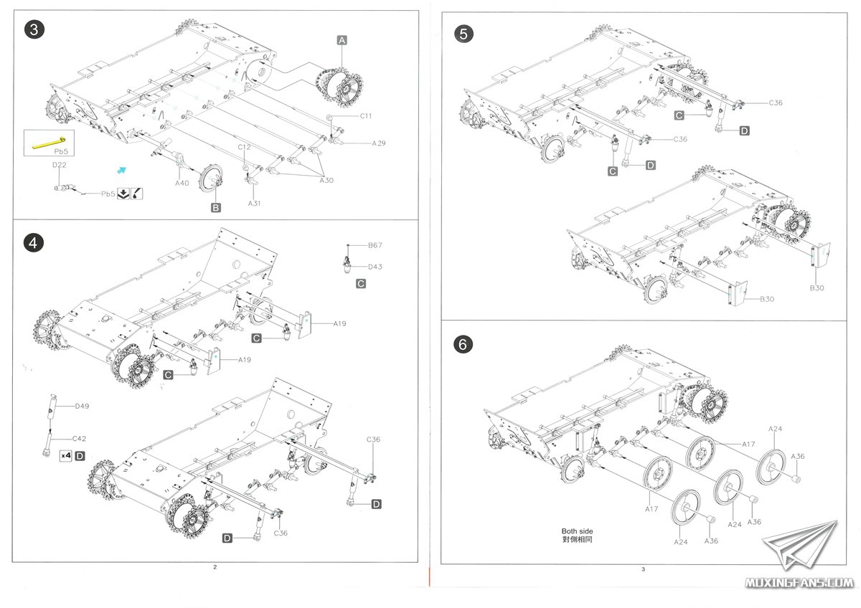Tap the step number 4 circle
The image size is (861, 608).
33,243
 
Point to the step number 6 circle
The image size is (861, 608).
464,344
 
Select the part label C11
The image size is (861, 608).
366,115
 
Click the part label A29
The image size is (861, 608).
379,143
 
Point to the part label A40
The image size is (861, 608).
182,183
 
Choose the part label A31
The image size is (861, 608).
254,204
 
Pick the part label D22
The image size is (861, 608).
59,165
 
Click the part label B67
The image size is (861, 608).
375,245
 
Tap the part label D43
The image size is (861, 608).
375,267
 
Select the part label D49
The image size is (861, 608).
82,406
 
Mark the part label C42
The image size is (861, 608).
79,437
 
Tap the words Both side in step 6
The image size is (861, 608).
577,531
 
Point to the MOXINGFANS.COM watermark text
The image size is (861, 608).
799,582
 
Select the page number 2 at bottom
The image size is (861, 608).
215,567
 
